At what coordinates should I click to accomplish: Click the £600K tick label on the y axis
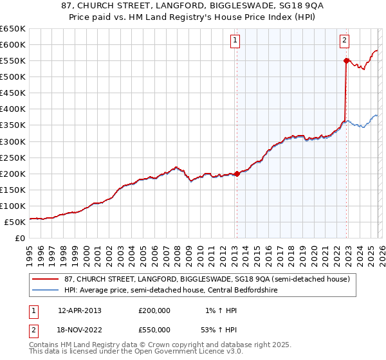click(x=13, y=44)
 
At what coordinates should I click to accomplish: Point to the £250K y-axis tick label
click(x=13, y=157)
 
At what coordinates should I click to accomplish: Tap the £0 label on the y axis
click(x=19, y=238)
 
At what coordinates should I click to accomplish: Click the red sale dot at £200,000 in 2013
click(x=237, y=174)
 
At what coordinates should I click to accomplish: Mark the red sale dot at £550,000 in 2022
click(x=346, y=60)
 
